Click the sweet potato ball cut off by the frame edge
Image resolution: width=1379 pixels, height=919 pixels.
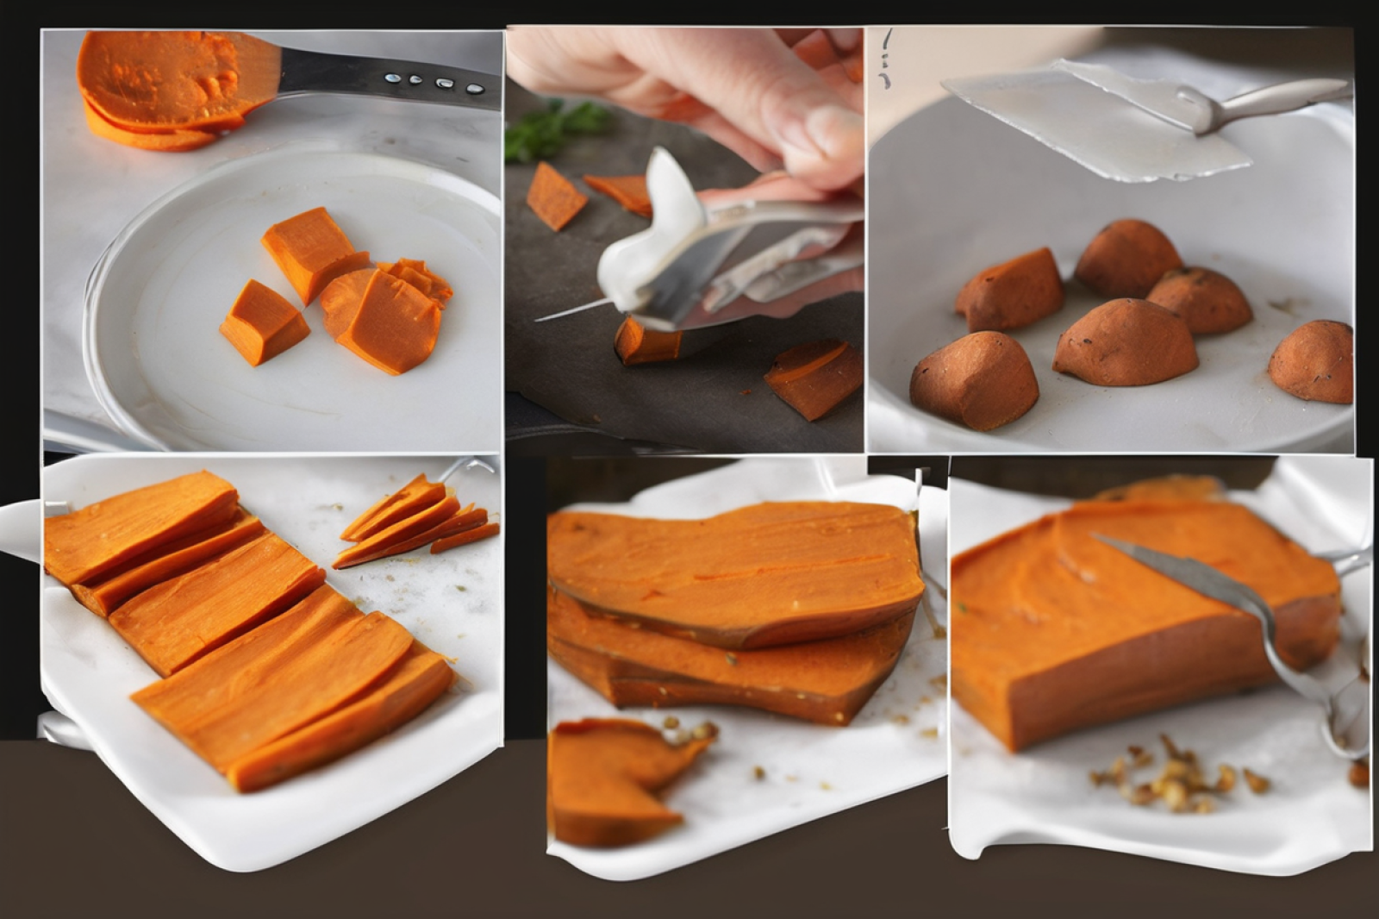click(1312, 362)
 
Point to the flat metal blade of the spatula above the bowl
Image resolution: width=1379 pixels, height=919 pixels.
click(1095, 121)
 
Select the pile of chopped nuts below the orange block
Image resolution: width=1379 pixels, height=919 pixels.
click(1172, 780)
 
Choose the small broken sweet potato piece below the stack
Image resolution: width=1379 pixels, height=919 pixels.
click(612, 780)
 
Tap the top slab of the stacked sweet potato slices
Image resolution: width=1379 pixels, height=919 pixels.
click(733, 569)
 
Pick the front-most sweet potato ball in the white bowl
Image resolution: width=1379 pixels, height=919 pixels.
click(974, 379)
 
